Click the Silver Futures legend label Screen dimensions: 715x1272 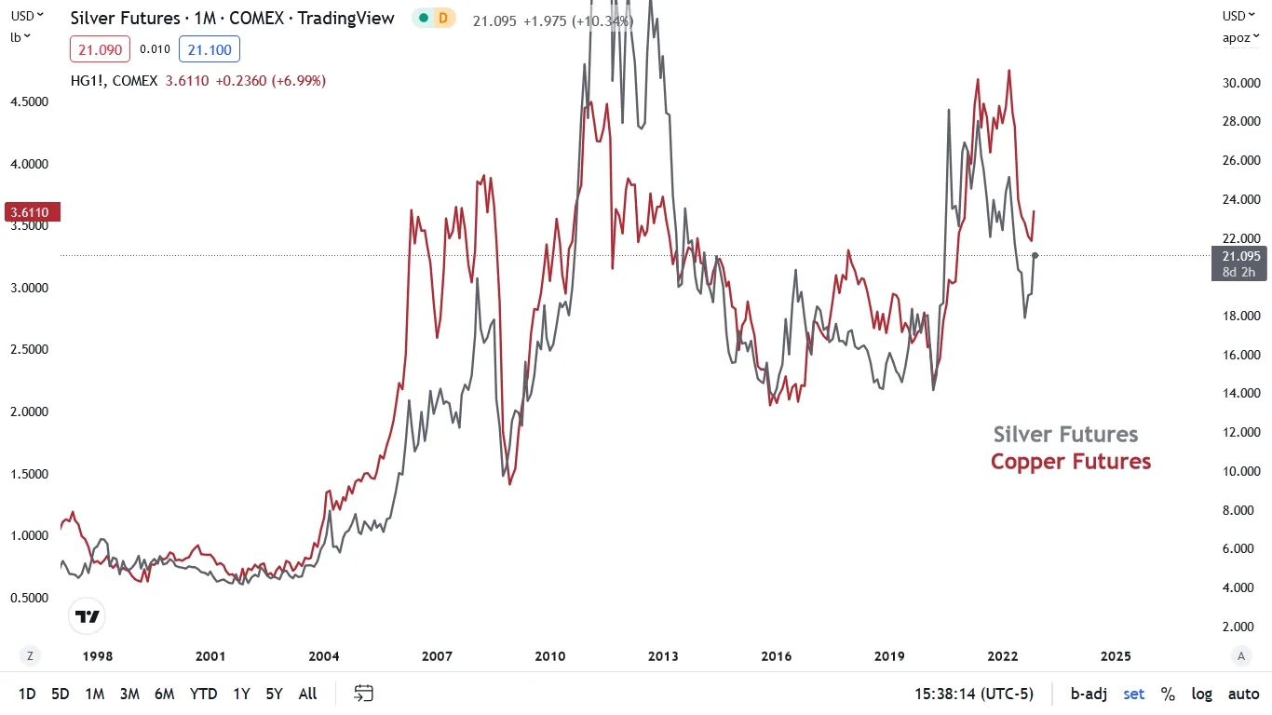click(x=1065, y=435)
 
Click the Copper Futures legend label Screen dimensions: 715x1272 click(x=1070, y=462)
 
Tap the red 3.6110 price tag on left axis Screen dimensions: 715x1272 click(x=33, y=212)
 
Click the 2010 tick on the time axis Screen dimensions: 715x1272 click(x=550, y=656)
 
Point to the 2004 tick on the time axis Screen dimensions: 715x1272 click(x=324, y=656)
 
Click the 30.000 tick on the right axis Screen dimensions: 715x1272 click(x=1241, y=83)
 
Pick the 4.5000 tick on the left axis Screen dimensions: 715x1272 click(x=30, y=101)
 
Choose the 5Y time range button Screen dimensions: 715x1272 click(x=274, y=694)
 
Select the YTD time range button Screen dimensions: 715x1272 click(x=203, y=694)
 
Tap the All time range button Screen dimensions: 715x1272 click(x=308, y=694)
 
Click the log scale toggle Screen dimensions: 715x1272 click(x=1202, y=694)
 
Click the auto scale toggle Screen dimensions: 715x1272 click(x=1243, y=694)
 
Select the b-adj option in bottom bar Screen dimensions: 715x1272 click(x=1088, y=694)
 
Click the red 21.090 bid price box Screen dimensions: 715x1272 click(x=100, y=49)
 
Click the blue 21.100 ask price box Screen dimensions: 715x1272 click(x=210, y=49)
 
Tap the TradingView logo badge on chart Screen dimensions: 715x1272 click(x=88, y=616)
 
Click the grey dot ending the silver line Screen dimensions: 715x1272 click(x=1035, y=255)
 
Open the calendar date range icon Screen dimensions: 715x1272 click(x=364, y=694)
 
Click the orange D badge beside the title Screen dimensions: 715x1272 click(x=443, y=18)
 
